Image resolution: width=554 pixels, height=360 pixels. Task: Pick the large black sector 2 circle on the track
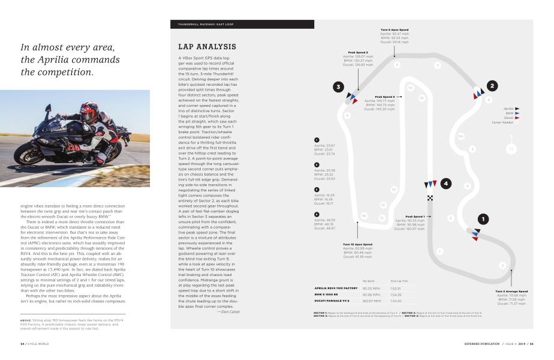tap(492, 86)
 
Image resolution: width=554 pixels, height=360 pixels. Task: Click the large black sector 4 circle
tap(446, 184)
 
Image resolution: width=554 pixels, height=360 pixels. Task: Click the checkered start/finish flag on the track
tap(429, 197)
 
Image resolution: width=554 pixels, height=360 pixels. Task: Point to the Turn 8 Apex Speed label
tap(395, 29)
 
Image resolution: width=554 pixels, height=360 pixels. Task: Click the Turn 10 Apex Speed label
tap(357, 244)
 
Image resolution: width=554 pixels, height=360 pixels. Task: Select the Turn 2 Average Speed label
tap(511, 291)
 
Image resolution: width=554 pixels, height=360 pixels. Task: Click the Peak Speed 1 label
tap(415, 216)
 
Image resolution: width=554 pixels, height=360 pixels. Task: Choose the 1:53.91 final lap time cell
tap(396, 289)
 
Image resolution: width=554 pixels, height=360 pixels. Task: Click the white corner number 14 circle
tap(410, 88)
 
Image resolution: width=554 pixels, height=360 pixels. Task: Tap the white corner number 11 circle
tap(382, 218)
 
